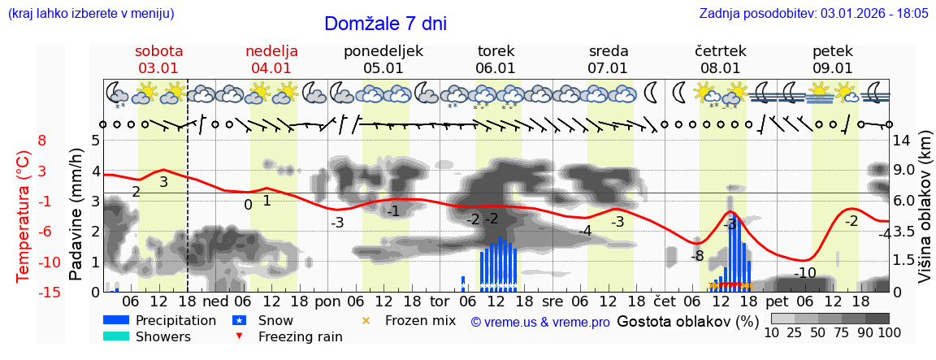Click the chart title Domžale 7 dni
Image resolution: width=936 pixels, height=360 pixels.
coord(385,24)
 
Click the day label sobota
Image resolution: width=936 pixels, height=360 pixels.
coord(158,51)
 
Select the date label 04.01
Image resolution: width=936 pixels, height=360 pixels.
coord(271,68)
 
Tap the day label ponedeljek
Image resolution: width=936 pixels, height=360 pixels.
coord(383,51)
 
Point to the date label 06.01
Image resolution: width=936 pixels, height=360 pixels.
coord(496,68)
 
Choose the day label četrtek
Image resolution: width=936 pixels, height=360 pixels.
coord(721,51)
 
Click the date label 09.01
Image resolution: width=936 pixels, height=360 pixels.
coord(833,68)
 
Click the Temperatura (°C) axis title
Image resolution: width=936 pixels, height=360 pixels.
coord(24,216)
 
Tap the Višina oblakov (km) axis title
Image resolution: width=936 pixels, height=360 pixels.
coord(925,216)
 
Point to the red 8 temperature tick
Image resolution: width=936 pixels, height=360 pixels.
coord(42,141)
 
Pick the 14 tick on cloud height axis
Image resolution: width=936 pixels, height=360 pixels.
coord(902,141)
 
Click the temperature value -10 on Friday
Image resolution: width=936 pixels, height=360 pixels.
coord(804,273)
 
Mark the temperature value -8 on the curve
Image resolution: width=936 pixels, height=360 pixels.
coord(697,256)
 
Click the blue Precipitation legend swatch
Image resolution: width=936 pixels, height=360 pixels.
coord(116,320)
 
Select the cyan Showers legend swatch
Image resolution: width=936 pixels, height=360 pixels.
coord(116,336)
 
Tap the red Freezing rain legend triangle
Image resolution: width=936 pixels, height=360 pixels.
coord(238,336)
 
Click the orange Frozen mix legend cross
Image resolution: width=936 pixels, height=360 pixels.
coord(366,320)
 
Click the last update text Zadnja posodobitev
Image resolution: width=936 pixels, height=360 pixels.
coord(813,14)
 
